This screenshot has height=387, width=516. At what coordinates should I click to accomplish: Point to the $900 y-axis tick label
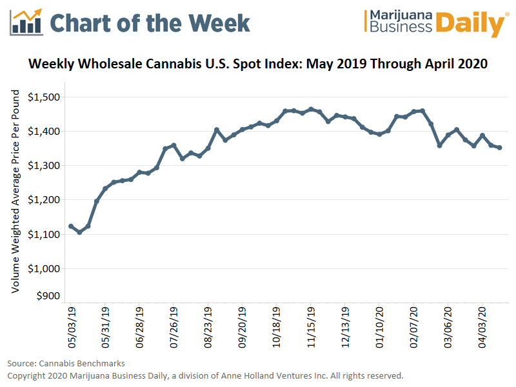pos(48,296)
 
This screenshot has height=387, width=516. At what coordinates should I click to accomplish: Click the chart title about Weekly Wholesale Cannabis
pos(258,64)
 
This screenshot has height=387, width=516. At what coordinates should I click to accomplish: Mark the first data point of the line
pos(71,226)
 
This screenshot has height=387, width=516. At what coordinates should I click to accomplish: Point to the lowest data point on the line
pos(79,232)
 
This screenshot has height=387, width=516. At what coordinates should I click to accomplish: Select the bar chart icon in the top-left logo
pos(26,23)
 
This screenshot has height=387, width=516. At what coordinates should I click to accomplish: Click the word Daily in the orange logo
pos(468,24)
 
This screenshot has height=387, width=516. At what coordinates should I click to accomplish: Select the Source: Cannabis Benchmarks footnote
pos(66,363)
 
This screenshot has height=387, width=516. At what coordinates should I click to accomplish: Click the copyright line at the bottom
pos(205,375)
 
